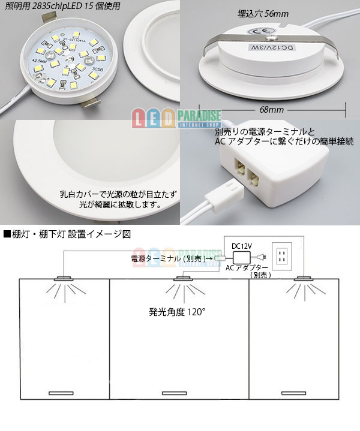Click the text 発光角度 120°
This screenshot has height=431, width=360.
(x=177, y=312)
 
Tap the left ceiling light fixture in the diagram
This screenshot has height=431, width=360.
(x=63, y=279)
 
